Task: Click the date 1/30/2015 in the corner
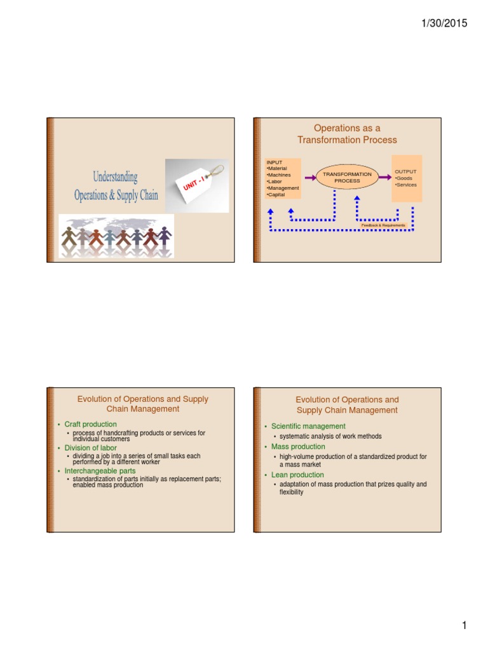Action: click(444, 23)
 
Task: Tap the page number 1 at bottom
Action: click(464, 627)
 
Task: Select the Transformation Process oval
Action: click(347, 177)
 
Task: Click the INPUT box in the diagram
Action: click(283, 178)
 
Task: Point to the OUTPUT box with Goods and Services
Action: click(407, 178)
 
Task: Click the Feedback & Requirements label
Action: click(383, 225)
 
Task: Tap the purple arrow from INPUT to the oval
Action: click(309, 177)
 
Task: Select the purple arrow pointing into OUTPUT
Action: click(384, 177)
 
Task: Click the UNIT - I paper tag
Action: click(197, 185)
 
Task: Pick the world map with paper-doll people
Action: click(116, 236)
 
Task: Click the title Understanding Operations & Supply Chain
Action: click(115, 185)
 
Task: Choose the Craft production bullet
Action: click(91, 424)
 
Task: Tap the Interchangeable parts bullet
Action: click(100, 471)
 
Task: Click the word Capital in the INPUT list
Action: click(276, 195)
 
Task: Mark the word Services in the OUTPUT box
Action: click(407, 185)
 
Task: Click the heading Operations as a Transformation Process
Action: click(347, 134)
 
